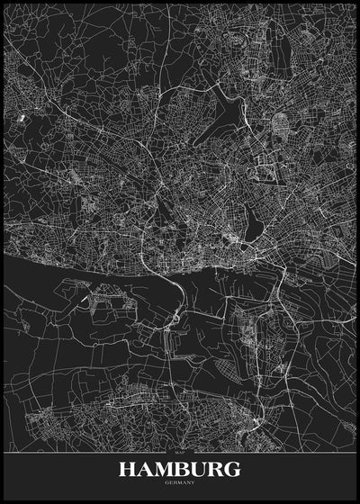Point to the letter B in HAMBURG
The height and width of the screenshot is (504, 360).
tap(184, 469)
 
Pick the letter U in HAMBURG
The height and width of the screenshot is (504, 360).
tap(200, 469)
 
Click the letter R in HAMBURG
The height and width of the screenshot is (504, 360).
tap(217, 469)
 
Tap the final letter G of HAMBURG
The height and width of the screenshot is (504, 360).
tap(233, 469)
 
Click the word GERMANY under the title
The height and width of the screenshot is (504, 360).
tap(180, 482)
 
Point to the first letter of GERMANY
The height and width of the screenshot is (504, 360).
tap(166, 482)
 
